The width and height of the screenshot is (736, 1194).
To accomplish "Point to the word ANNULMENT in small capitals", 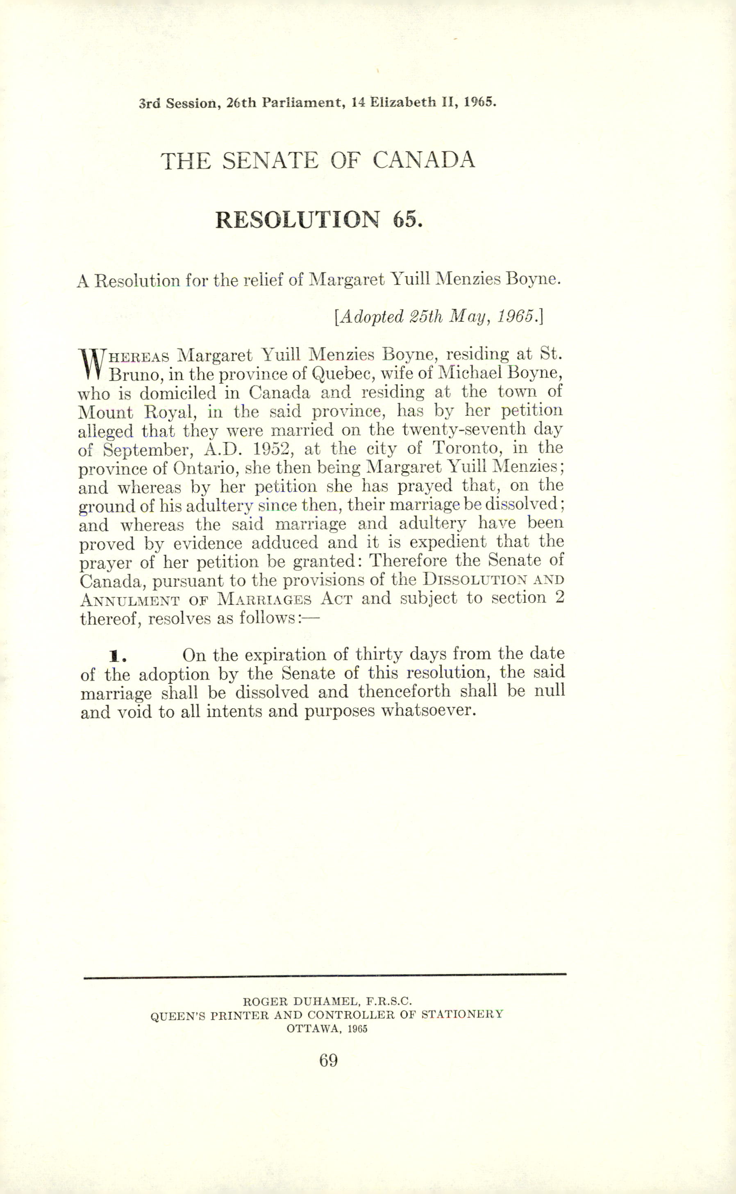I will click(130, 599).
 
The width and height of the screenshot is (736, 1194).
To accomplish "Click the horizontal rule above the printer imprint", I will click(325, 974).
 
